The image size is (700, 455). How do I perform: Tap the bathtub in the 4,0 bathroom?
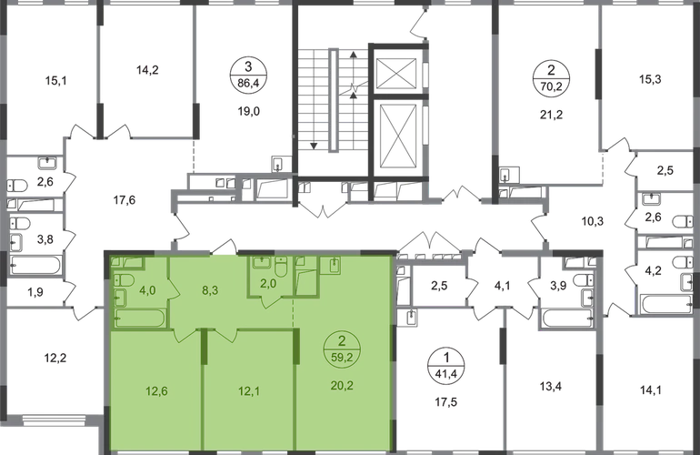[139, 318]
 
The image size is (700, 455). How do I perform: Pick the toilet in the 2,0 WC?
[283, 267]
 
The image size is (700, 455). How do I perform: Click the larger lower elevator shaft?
[394, 130]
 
